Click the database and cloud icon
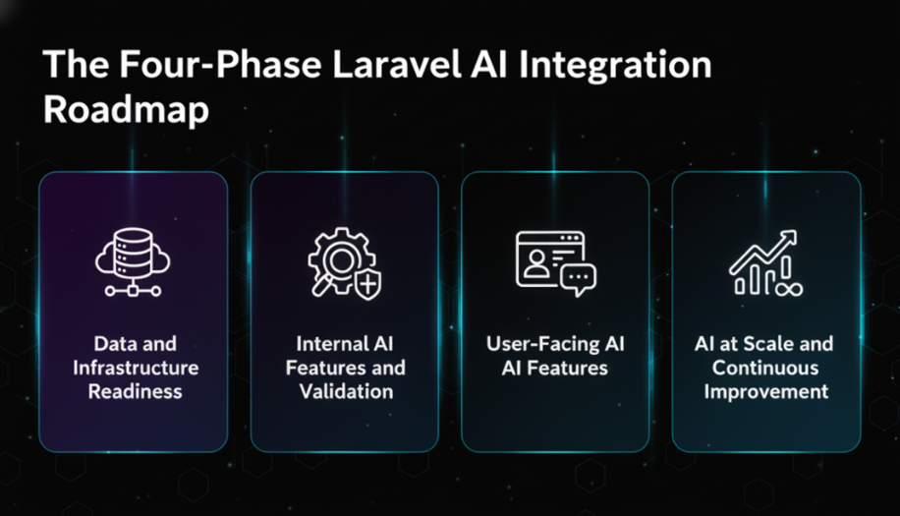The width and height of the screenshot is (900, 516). coord(133,262)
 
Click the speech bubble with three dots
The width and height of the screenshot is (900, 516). coord(579,280)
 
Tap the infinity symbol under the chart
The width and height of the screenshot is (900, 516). coord(790,288)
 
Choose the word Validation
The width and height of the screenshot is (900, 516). coord(345,392)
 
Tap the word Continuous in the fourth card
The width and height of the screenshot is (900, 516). coord(765,369)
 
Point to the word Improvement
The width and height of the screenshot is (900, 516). coord(765,392)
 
